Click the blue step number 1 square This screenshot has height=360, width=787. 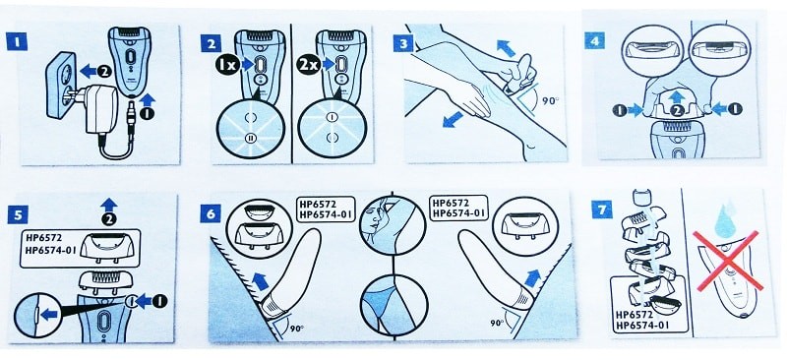click(x=17, y=41)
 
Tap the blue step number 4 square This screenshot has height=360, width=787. click(x=594, y=40)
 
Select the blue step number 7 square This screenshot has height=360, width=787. click(x=601, y=209)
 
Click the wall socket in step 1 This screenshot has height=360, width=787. click(x=61, y=90)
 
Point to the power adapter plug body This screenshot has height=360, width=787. click(x=101, y=109)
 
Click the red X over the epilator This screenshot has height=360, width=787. click(x=727, y=261)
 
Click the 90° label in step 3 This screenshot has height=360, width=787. click(x=551, y=100)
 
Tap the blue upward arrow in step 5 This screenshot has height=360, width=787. click(x=108, y=206)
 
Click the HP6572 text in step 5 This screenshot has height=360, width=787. click(x=42, y=238)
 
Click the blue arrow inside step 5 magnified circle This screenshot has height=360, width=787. click(x=48, y=315)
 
